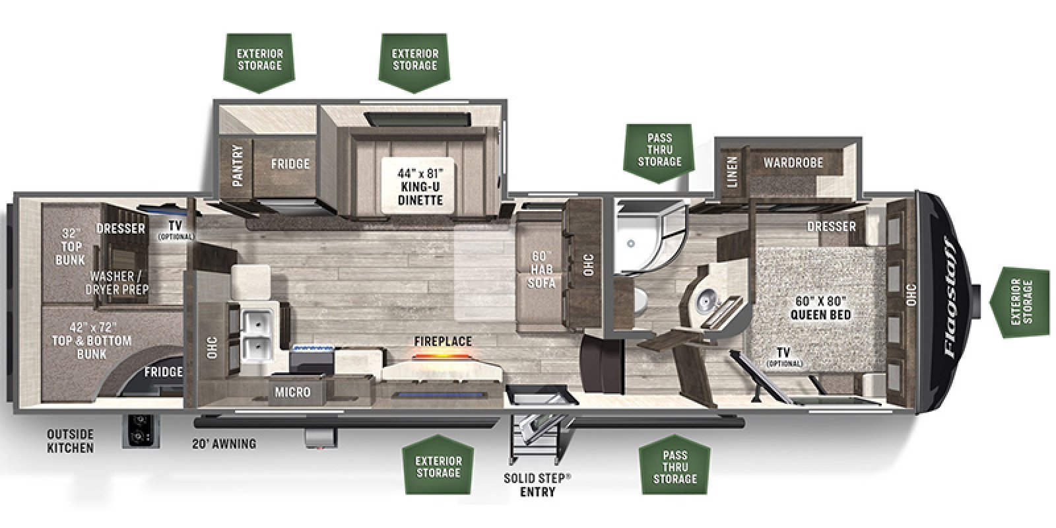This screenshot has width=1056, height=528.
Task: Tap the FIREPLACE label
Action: point(443,341)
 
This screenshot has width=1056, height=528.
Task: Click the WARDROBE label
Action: point(793,162)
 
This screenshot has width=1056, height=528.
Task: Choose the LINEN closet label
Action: point(732,171)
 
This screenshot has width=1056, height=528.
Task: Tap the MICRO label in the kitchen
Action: point(292,392)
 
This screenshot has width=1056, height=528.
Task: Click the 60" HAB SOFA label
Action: point(541,269)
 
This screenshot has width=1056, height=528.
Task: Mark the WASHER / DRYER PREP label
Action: point(119,282)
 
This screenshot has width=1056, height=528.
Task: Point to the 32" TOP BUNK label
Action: point(70,246)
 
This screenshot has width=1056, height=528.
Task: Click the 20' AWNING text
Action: point(225,444)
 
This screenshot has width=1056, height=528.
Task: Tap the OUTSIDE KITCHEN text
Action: point(70,441)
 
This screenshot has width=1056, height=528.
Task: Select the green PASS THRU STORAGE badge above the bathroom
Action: point(659,150)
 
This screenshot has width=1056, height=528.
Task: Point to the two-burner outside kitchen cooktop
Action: point(140,431)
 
